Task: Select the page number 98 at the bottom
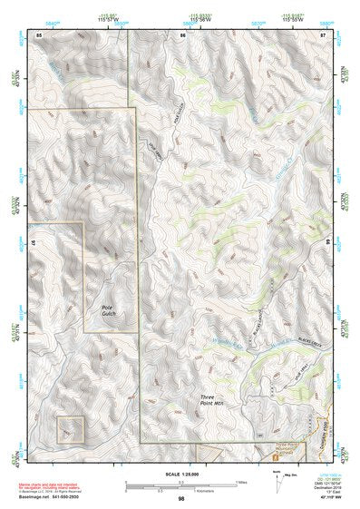coord(181,498)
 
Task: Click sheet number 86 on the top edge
coord(182,34)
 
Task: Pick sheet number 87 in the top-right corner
coord(324,34)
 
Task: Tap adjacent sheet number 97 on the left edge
coord(33,246)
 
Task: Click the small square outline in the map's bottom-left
coord(70,430)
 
